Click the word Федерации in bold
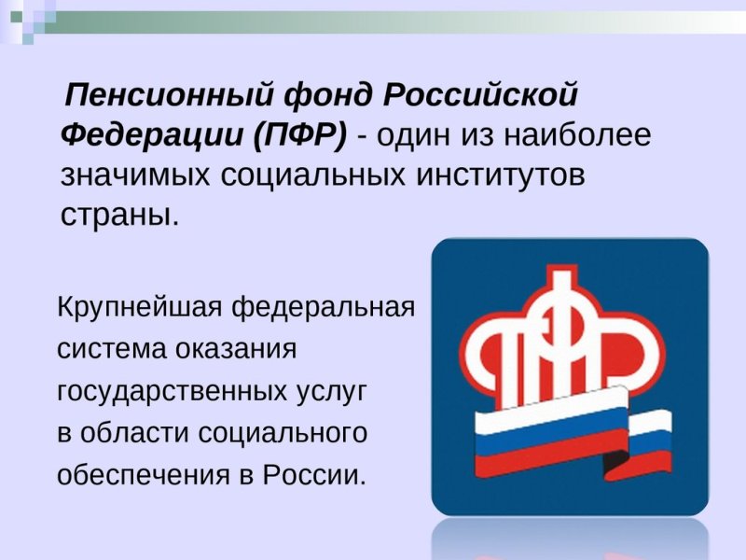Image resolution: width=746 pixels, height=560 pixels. tap(150, 137)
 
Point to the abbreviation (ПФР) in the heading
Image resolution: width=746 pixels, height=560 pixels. tap(298, 137)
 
